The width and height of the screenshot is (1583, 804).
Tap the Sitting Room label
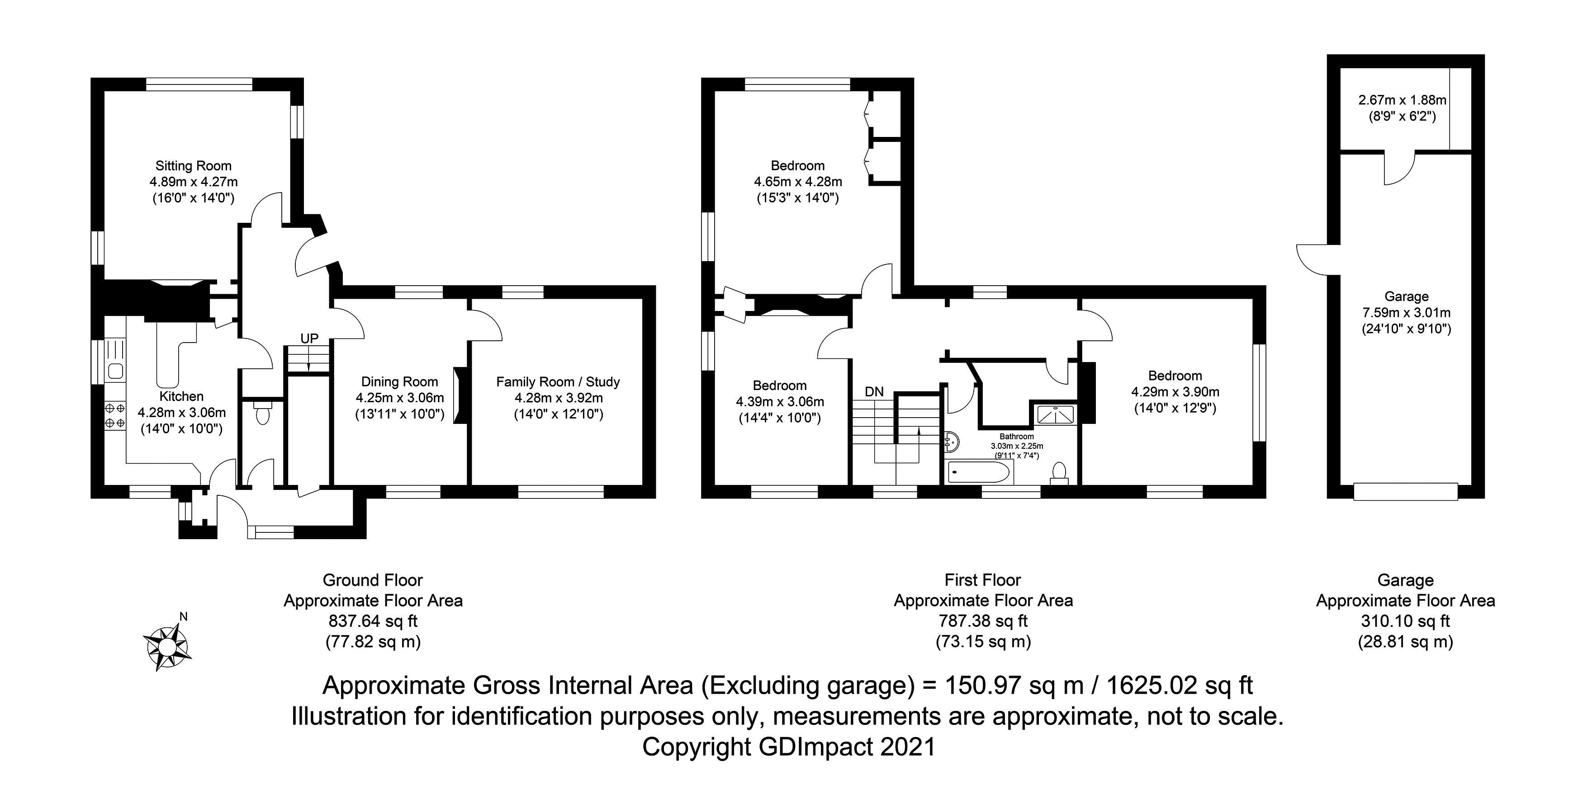(x=194, y=166)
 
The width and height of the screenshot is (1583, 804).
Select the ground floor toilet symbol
(x=262, y=414)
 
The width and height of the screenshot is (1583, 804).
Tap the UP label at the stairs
(x=309, y=339)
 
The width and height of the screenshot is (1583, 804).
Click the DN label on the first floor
(x=874, y=392)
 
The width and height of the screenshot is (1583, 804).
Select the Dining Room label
(x=399, y=381)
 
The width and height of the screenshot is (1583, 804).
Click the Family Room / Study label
(x=558, y=382)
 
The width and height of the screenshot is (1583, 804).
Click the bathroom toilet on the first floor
(x=1059, y=473)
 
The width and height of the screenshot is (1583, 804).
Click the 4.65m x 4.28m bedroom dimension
(x=798, y=182)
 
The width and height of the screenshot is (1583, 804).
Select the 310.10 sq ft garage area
(x=1405, y=621)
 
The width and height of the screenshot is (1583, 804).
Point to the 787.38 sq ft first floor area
(x=983, y=621)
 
